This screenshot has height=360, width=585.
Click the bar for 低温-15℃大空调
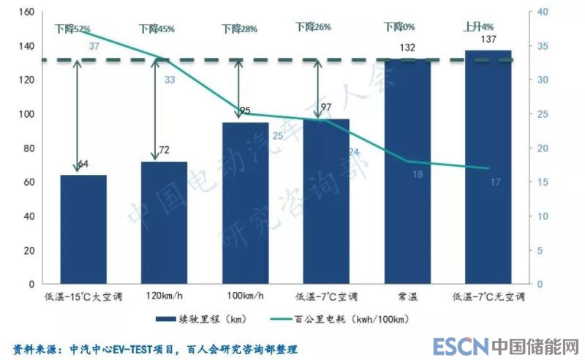tap(83, 229)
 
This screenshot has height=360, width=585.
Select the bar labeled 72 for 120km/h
tap(164, 222)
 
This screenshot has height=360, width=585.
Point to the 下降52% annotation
tap(72, 29)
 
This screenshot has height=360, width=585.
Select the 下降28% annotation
tap(240, 29)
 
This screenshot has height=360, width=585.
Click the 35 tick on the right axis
tap(542, 46)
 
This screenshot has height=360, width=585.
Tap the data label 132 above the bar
tap(407, 48)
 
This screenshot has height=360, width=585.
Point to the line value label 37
tap(94, 46)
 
